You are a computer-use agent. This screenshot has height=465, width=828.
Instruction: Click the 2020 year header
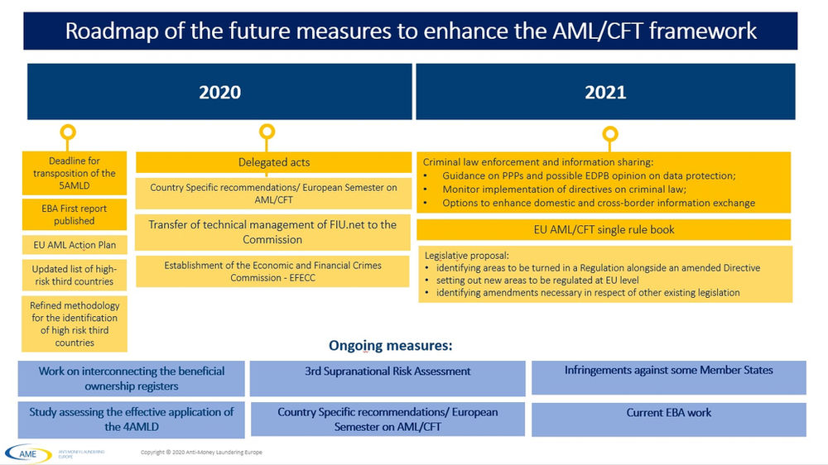219,92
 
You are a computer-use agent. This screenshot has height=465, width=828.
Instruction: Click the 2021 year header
605,92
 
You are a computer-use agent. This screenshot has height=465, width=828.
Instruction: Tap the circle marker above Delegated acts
267,132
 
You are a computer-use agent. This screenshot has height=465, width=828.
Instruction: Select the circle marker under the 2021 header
610,133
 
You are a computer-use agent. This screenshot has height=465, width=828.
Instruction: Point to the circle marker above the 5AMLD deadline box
69,132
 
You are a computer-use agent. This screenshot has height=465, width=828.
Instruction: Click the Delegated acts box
273,163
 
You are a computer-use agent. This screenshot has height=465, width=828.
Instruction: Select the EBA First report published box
75,214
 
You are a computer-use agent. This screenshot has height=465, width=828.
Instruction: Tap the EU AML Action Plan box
75,245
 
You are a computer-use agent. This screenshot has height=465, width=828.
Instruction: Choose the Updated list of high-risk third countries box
75,276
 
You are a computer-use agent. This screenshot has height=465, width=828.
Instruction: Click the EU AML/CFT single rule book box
604,229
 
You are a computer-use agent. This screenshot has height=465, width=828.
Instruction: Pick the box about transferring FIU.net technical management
273,232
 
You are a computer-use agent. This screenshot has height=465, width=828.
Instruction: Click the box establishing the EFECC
273,271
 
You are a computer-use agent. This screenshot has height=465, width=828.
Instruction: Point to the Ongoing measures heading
391,345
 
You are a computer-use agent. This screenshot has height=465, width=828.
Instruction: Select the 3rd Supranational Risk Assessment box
388,372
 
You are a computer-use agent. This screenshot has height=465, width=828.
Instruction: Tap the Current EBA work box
669,412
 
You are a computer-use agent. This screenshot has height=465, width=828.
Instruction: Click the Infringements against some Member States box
669,370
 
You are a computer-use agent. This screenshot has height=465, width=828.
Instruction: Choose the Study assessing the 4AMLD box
132,419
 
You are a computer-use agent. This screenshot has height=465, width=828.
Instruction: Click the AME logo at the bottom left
28,453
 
